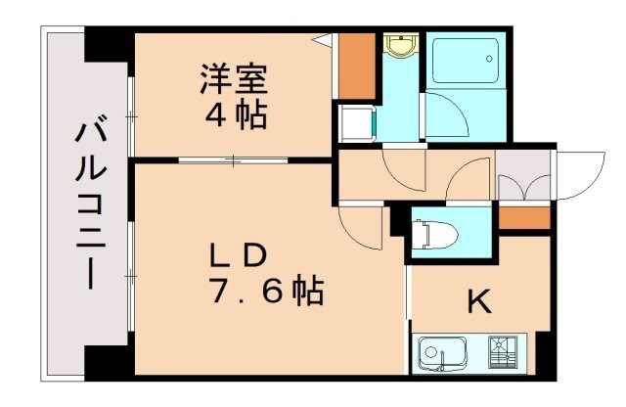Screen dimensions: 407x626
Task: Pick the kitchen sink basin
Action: (x=446, y=353)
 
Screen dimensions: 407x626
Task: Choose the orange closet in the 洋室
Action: (x=357, y=66)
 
